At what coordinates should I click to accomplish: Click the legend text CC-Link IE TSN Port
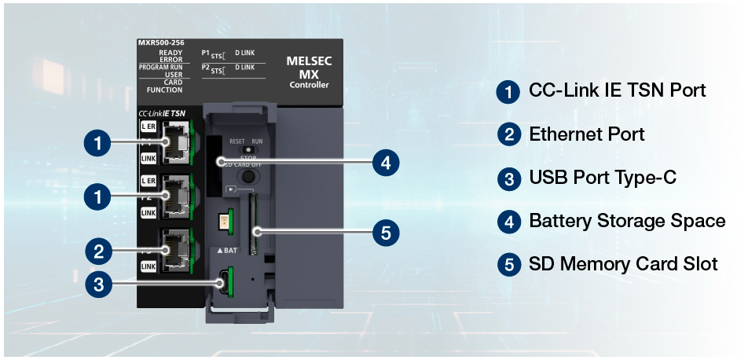(617, 90)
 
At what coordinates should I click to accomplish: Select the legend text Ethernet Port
(586, 134)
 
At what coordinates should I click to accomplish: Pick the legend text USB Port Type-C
(602, 178)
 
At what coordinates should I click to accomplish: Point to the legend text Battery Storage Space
(626, 221)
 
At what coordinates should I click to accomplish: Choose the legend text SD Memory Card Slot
(623, 264)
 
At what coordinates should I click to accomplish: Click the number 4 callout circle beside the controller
(384, 163)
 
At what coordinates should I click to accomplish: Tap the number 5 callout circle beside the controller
(384, 232)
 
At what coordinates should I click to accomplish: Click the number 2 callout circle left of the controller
(98, 252)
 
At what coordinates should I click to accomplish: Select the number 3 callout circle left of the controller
(98, 285)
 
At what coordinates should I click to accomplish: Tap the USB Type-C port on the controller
(225, 279)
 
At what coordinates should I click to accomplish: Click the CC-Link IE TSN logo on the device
(162, 113)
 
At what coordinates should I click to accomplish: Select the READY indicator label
(170, 52)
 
